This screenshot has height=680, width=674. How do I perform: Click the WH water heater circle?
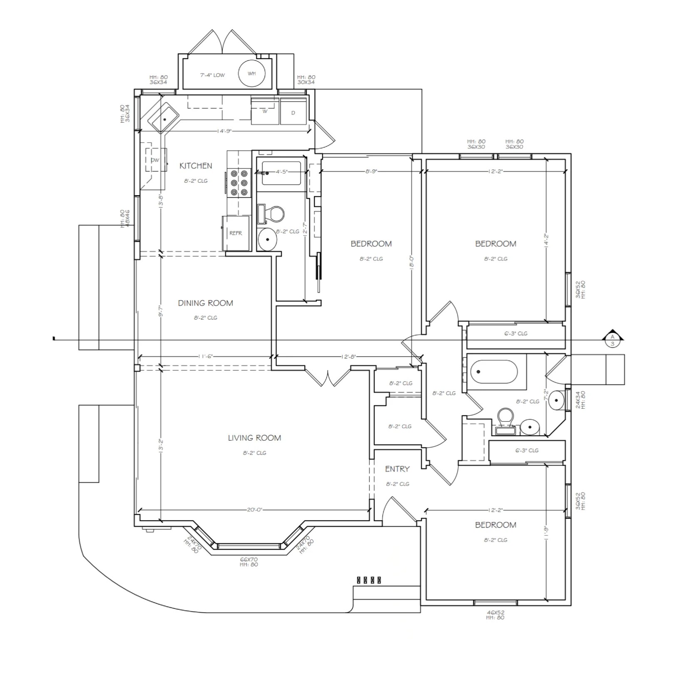pos(251,73)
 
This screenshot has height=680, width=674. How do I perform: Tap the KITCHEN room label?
pos(196,166)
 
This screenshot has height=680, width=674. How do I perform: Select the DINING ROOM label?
pos(205,303)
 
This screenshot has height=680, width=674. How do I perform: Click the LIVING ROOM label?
pos(254,438)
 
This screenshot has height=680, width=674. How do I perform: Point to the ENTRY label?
pos(397,469)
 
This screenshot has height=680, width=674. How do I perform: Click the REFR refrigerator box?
pos(236,233)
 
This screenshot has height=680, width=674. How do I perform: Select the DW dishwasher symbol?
pos(155,160)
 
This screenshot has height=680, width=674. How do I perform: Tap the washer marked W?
pos(265,112)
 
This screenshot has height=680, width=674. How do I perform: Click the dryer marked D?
pos(293,112)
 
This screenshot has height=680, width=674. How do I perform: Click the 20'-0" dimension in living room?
pos(254,510)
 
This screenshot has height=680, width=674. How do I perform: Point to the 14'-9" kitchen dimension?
pos(224,131)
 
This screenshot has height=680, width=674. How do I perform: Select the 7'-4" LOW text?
pos(212,75)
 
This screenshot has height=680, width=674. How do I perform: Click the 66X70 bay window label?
pos(249,560)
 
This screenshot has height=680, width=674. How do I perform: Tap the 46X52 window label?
pos(495,613)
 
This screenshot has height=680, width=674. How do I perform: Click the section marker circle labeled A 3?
pos(612,341)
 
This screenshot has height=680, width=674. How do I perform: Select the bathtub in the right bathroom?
pos(494,372)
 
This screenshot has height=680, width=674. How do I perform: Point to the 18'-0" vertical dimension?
pos(412,264)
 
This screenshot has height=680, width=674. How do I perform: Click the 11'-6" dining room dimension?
pos(206,357)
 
